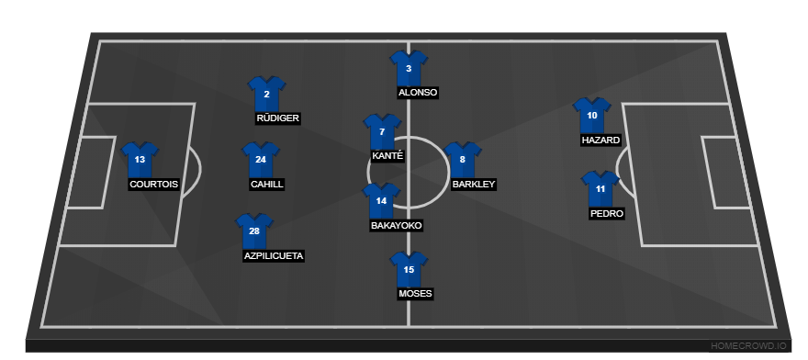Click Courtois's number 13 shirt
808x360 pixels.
pos(140,160)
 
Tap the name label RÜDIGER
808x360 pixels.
pos(277,118)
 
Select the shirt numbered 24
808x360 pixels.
pos(261,160)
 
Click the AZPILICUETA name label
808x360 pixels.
pos(274,256)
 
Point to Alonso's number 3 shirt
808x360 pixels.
pos(409,68)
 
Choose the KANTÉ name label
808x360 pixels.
pos(387,156)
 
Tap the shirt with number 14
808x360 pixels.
pos(381,200)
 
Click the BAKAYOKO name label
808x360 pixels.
pos(397,225)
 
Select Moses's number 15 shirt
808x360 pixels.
pos(409,269)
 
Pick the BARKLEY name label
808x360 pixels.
pos(474,185)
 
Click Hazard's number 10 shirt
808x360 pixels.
pos(591,116)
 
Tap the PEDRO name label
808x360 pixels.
pos(607,214)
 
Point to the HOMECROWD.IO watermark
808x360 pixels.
pos(748,345)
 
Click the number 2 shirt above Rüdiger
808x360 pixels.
pos(266,94)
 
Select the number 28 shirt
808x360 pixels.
pos(254,231)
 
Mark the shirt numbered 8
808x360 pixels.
pos(462,160)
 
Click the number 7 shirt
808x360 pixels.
pos(382,132)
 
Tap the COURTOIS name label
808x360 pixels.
pos(153,185)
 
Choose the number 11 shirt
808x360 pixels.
pos(600,189)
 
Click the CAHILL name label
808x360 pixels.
pos(266,185)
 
